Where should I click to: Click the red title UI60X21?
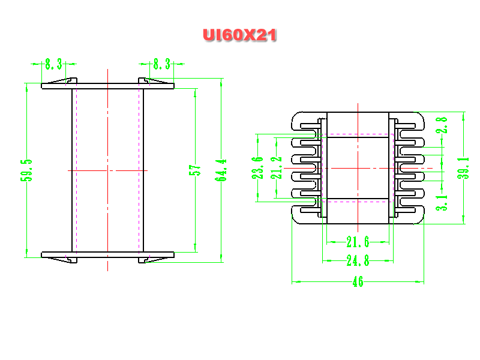point(239,35)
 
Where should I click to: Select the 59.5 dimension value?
point(26,170)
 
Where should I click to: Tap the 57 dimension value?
point(194,170)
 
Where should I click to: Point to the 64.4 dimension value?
point(221,170)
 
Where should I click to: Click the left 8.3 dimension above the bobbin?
point(53,64)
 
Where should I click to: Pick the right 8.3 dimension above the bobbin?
point(161,64)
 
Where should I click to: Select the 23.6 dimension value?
point(257,168)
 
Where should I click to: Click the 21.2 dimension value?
point(276,168)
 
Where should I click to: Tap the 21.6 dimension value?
point(358,242)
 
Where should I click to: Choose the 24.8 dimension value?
point(358,261)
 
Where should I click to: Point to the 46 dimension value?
point(358,281)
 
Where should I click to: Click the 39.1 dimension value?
point(463,168)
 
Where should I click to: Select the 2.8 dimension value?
point(442,125)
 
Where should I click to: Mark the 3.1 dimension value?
point(442,203)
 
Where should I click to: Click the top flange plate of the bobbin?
point(108,86)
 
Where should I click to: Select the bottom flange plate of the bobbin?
point(108,254)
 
